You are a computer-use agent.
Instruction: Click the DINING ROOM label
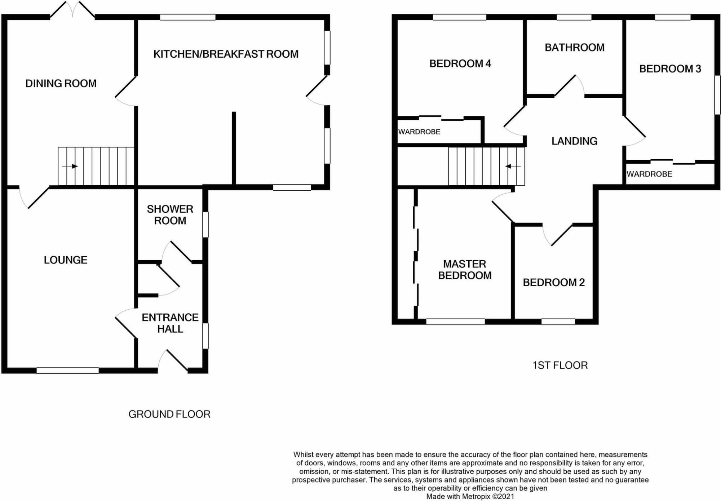[x=61, y=84]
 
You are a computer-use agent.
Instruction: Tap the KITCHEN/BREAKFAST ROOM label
[x=226, y=54]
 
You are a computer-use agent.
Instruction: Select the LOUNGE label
[x=66, y=260]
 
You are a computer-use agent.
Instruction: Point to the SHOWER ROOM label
[x=170, y=215]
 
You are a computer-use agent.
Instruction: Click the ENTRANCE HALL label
[x=170, y=323]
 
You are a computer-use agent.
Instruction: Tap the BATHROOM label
[x=574, y=48]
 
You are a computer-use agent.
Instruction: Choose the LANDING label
[x=574, y=141]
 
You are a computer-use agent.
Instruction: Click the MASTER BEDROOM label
[x=465, y=270]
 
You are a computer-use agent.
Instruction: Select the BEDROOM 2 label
[x=553, y=283]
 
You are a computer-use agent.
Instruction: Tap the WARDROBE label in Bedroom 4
[x=419, y=132]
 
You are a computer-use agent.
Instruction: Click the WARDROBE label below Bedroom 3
[x=649, y=174]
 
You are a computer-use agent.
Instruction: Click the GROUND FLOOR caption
[x=169, y=414]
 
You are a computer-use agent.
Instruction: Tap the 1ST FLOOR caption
[x=560, y=365]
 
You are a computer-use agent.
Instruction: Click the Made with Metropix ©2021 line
[x=470, y=497]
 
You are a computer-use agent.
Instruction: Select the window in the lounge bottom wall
[x=67, y=371]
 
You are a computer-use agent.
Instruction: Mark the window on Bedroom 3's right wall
[x=717, y=95]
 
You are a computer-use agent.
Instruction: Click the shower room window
[x=205, y=225]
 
